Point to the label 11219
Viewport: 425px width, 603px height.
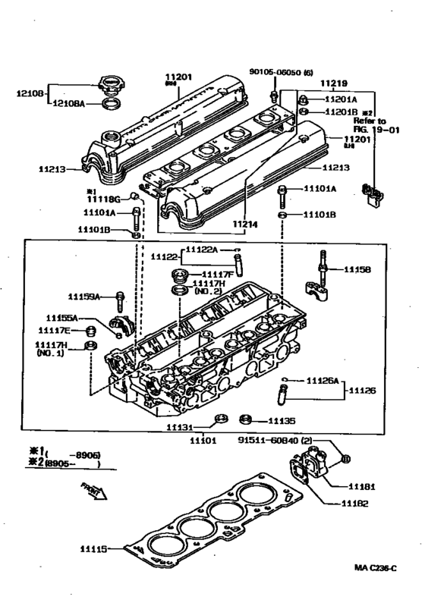(x=333, y=83)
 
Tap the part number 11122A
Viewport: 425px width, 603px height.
(x=203, y=249)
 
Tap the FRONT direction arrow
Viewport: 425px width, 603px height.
(x=96, y=492)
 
